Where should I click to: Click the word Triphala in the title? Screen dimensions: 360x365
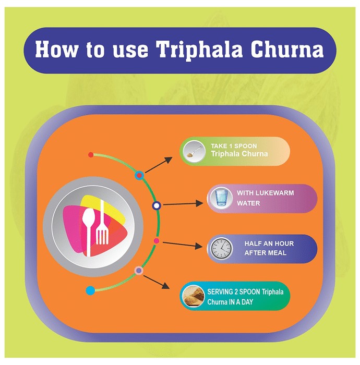(199, 50)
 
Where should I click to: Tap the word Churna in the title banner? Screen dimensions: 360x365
(287, 49)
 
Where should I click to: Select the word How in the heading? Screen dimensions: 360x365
(57, 49)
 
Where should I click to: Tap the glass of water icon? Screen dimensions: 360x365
(221, 198)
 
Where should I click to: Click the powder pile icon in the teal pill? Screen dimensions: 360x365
(193, 296)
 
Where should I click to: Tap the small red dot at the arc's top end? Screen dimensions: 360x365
(91, 154)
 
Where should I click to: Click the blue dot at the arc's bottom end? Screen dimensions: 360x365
(90, 290)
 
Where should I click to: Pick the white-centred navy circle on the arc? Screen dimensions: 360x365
(157, 205)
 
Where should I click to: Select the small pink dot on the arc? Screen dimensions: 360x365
(157, 241)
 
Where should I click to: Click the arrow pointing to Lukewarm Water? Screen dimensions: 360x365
(183, 204)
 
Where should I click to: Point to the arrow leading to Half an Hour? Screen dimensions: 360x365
(183, 245)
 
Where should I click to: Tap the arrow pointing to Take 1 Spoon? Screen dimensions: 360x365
(159, 165)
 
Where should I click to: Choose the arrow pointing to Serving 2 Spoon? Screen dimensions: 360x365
(156, 282)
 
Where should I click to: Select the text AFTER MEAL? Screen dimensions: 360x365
(265, 253)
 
